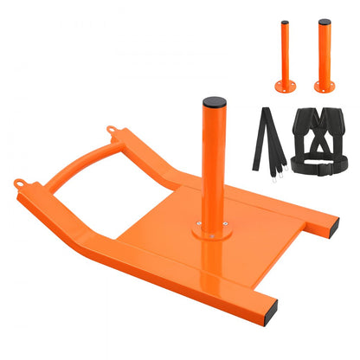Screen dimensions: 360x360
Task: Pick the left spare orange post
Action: pyautogui.click(x=284, y=56)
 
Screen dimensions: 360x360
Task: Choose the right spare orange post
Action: pyautogui.click(x=324, y=56)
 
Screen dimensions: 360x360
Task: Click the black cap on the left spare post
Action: pyautogui.click(x=284, y=23)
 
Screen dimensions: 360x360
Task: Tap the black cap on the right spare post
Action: pyautogui.click(x=324, y=22)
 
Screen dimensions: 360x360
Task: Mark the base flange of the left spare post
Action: pyautogui.click(x=284, y=86)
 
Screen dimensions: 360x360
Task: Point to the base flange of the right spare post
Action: pyautogui.click(x=325, y=86)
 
